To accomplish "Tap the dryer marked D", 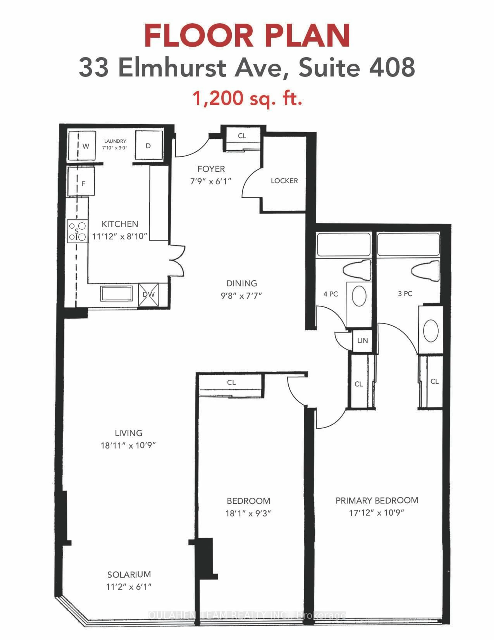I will [149, 146].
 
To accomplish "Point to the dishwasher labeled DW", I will [148, 295].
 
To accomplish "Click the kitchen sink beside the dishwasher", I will [116, 293].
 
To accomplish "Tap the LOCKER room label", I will [284, 181].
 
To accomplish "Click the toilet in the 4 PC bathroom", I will [358, 269].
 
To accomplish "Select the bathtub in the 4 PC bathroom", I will [344, 245].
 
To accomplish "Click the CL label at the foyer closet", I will [242, 136].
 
